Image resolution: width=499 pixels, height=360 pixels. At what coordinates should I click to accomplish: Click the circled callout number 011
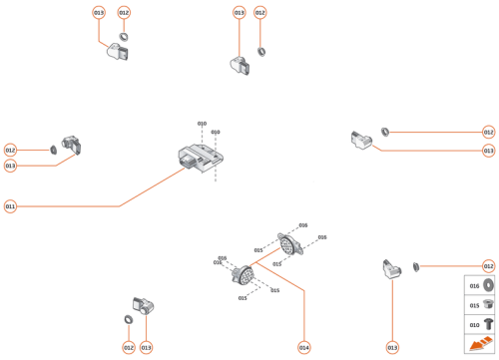tap(10, 206)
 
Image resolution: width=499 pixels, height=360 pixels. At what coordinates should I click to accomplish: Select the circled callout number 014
tap(303, 347)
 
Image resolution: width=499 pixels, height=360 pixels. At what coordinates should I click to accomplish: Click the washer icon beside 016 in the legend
tap(489, 286)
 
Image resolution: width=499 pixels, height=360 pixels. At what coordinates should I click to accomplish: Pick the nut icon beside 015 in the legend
tap(489, 305)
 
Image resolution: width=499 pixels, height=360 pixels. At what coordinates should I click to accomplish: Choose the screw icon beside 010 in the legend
tap(489, 324)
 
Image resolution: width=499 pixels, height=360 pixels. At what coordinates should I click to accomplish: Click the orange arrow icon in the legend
tap(480, 344)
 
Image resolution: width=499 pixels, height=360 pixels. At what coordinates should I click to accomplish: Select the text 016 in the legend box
tap(474, 286)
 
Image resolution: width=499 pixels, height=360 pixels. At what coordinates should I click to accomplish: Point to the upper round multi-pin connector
tap(288, 245)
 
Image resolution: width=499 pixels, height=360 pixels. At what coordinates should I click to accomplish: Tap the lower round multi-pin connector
tap(243, 274)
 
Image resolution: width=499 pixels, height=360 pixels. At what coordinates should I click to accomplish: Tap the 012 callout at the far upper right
tap(488, 132)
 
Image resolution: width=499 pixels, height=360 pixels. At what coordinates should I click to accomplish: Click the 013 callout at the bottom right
tap(391, 347)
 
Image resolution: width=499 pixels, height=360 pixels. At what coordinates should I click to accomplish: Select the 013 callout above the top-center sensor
tap(239, 13)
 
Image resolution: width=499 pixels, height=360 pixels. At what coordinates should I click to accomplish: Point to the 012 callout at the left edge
tap(10, 150)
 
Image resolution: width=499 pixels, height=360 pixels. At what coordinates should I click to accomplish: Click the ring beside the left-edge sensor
tap(50, 150)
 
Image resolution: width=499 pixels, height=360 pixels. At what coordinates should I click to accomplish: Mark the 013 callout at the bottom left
tap(146, 347)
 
